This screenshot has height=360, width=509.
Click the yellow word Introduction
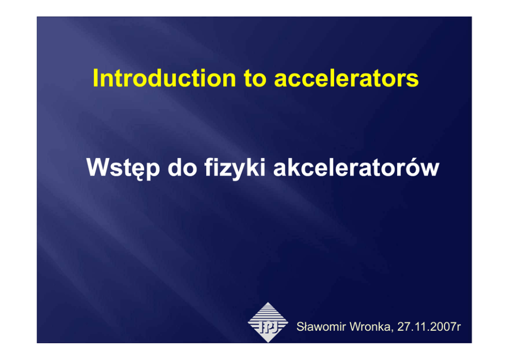tap(164, 78)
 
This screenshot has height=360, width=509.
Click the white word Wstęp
tap(123, 168)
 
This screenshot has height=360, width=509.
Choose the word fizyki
tap(235, 168)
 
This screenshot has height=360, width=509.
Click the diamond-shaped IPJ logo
tap(268, 323)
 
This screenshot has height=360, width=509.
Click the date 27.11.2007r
tap(429, 327)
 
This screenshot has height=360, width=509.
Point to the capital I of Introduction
tap(95, 78)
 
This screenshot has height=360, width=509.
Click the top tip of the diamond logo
tap(268, 302)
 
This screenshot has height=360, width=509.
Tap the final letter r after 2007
tap(459, 328)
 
